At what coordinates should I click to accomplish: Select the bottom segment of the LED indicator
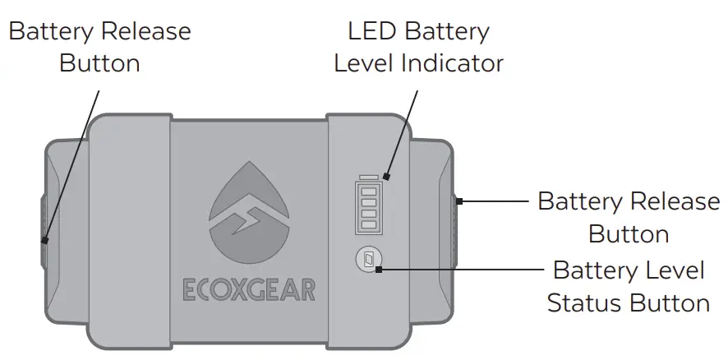tap(369, 223)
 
